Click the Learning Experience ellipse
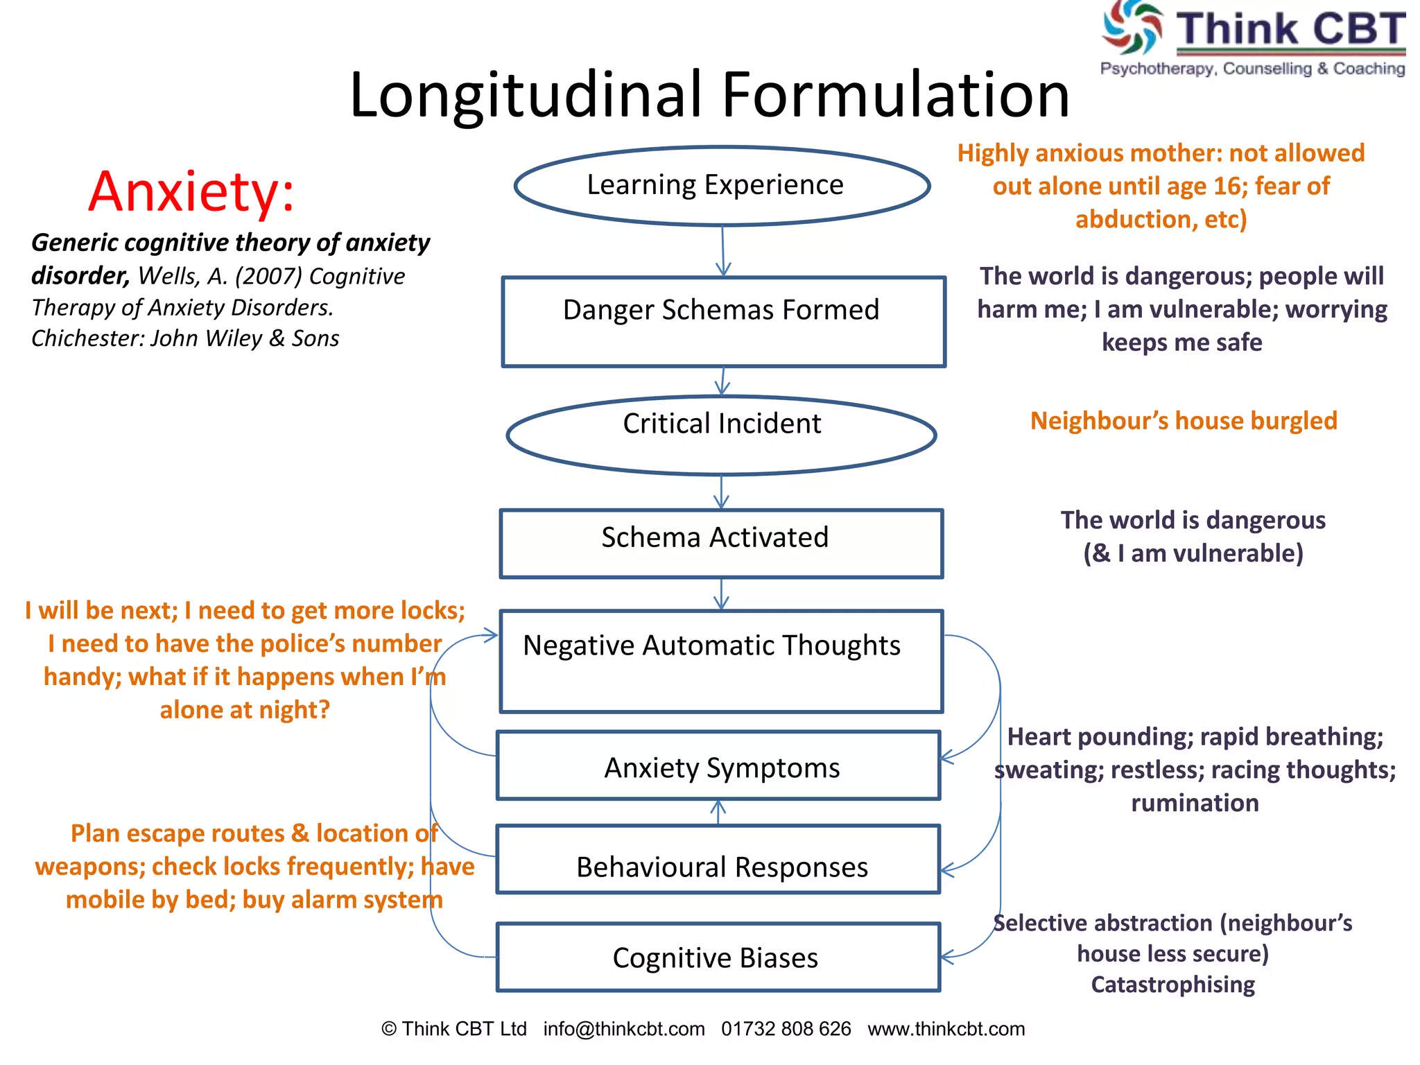coord(722,186)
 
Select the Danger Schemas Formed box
coord(723,322)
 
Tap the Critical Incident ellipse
coord(722,435)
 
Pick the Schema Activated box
coord(721,544)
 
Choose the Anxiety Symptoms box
coord(718,765)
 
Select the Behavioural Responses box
coord(718,860)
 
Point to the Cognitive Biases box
coord(718,957)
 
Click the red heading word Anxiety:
coord(191,191)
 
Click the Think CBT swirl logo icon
coord(1132,28)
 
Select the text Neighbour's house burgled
coord(1184,421)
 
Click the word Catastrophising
coord(1172,985)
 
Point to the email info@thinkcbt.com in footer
coord(624,1029)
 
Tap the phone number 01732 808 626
coord(786,1029)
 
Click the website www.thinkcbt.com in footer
coord(946,1029)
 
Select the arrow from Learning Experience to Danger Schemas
coord(723,251)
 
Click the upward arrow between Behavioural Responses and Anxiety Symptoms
coord(718,812)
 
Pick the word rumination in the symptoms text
coord(1195,803)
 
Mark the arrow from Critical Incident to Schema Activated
coord(722,492)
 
